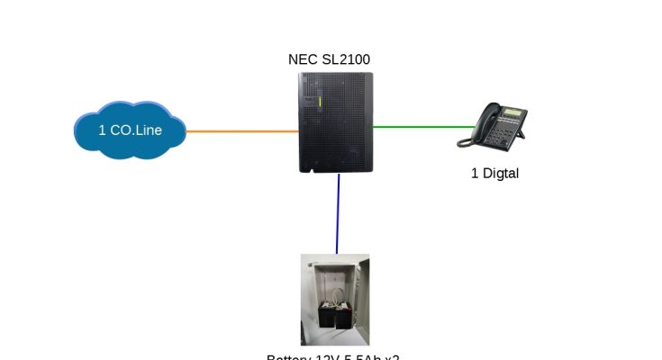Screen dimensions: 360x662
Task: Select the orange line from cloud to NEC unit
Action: [x=243, y=131]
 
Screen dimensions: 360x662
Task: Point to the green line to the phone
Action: [x=414, y=127]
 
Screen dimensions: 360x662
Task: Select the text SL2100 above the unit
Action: [x=345, y=59]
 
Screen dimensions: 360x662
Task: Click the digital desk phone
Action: [x=493, y=125]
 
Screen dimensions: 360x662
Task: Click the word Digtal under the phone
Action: [x=501, y=173]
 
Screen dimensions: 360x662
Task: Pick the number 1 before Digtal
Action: [x=475, y=173]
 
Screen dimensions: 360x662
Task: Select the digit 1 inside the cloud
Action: [x=102, y=130]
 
